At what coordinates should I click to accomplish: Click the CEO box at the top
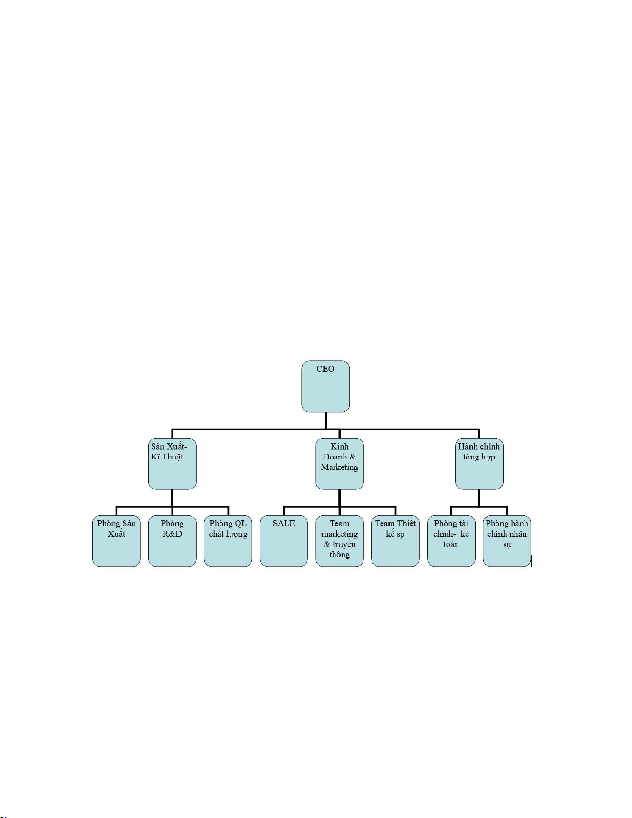[326, 386]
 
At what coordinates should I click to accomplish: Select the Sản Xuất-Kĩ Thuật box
[172, 464]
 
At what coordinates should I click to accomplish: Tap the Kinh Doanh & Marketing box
[339, 464]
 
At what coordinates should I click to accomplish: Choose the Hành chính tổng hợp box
[479, 464]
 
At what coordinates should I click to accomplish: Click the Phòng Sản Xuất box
[116, 541]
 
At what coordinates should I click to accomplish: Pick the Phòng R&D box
[172, 541]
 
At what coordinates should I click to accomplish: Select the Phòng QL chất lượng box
[228, 541]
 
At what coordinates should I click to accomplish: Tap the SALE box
[284, 541]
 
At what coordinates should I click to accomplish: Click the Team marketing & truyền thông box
[339, 541]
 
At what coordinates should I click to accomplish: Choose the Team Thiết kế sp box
[395, 541]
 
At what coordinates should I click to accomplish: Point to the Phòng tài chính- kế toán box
[451, 541]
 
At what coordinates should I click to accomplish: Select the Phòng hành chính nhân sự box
[507, 541]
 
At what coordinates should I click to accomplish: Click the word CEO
[326, 369]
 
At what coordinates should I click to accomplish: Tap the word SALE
[284, 524]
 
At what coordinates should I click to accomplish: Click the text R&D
[172, 534]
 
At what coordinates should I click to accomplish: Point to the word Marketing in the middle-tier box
[339, 467]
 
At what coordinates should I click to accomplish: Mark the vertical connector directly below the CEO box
[326, 421]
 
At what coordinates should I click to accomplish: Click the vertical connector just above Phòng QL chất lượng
[228, 511]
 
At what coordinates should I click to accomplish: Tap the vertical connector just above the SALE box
[284, 511]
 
